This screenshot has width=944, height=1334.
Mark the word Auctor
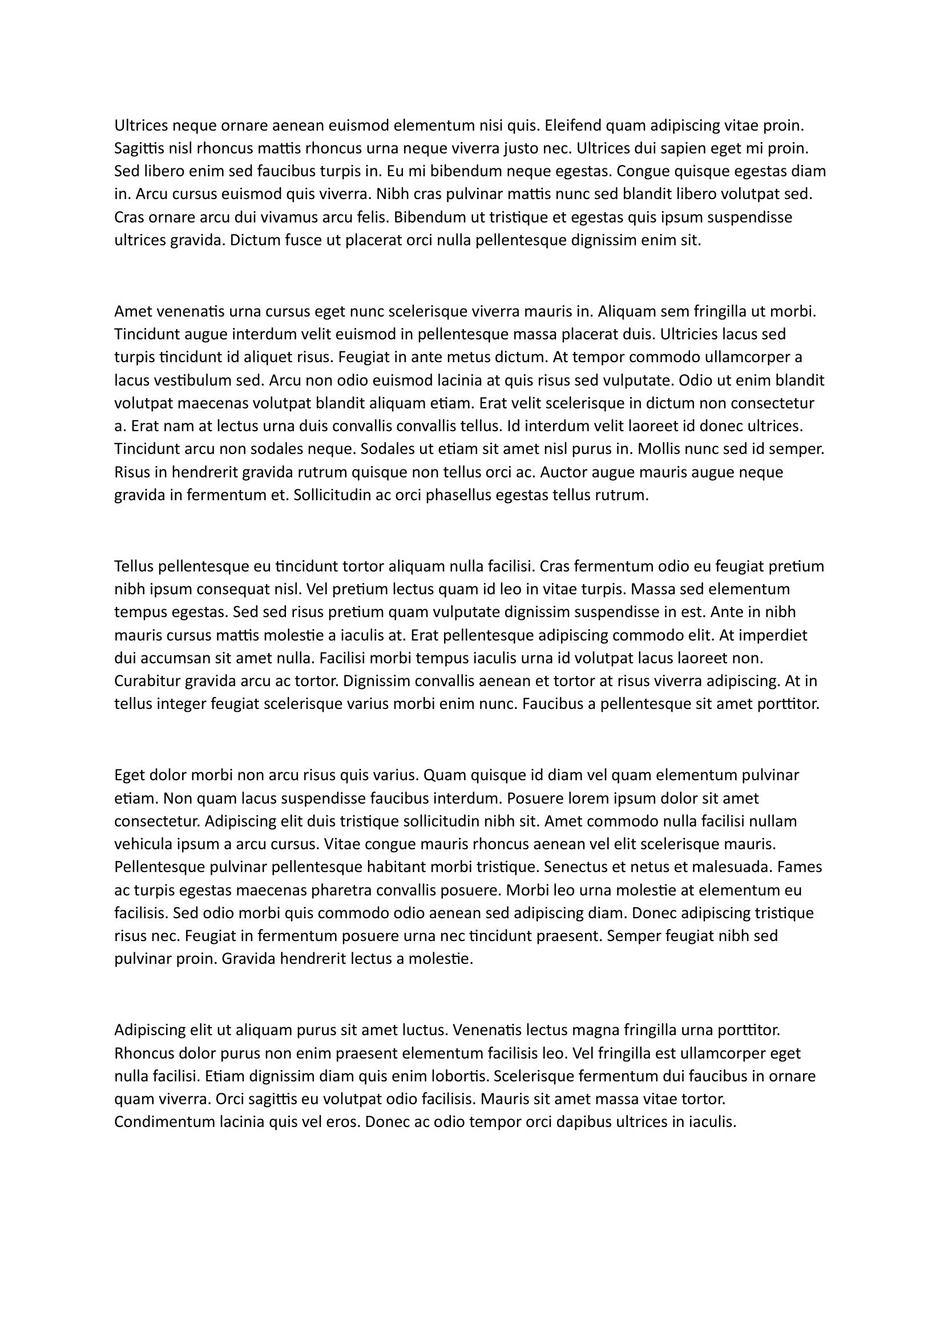(x=562, y=472)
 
